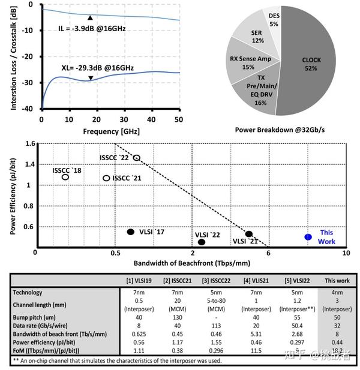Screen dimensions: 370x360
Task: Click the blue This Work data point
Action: click(308, 237)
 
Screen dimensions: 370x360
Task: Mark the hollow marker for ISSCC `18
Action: click(65, 177)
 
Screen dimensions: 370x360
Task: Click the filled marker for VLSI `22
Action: click(202, 242)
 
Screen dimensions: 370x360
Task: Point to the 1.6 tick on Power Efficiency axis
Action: click(29, 144)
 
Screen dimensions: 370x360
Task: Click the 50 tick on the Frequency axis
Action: click(178, 120)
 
